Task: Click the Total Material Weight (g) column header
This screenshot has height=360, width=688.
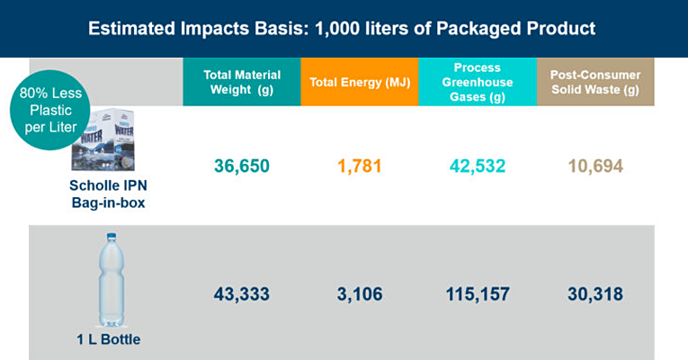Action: tap(241, 82)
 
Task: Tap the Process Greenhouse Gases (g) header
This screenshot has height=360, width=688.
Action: tap(477, 82)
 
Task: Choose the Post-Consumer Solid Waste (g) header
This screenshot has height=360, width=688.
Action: tap(595, 82)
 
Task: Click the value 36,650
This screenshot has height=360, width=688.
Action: tap(241, 166)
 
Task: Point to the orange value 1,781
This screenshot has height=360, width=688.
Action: tap(359, 166)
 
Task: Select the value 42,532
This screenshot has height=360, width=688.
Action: tap(477, 166)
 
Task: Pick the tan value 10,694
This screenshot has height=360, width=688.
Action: tap(595, 166)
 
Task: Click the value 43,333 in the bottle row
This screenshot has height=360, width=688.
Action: tap(241, 294)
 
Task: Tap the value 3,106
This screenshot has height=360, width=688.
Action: tap(359, 294)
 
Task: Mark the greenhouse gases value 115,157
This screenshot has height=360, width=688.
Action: tap(477, 294)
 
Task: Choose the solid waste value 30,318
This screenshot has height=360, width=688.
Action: tap(595, 294)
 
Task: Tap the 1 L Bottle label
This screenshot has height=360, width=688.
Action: tap(108, 339)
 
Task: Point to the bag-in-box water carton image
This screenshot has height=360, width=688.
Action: tap(107, 141)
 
